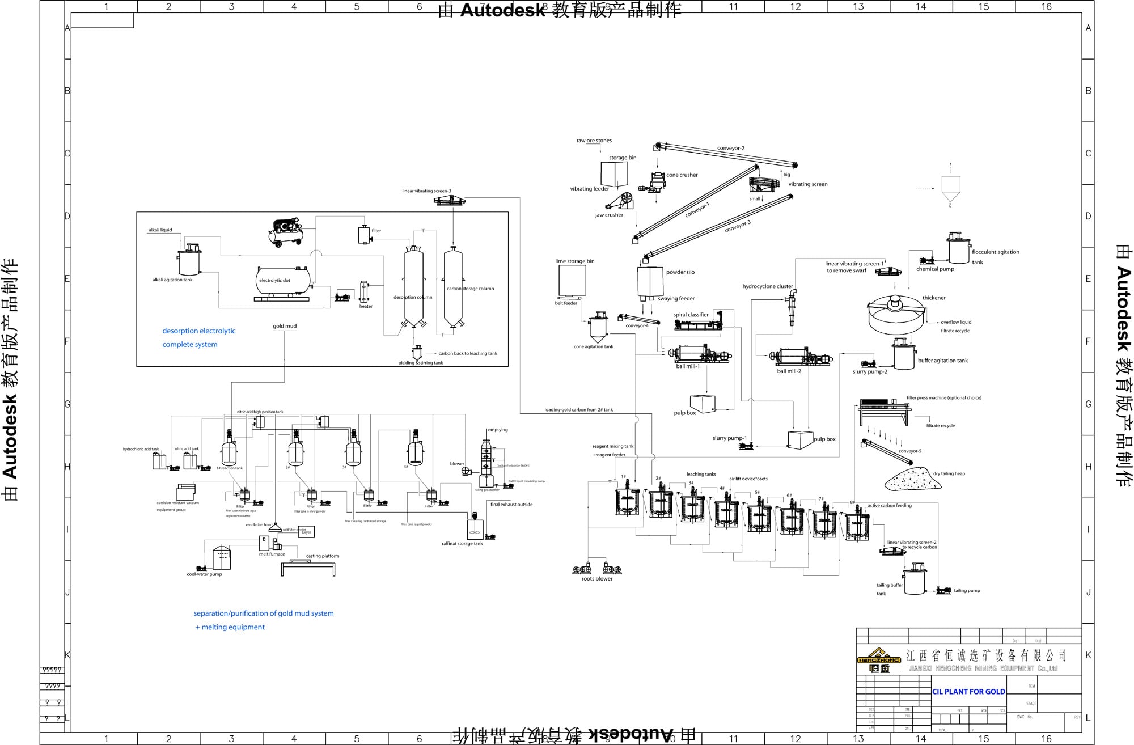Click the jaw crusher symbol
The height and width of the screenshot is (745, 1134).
pos(620,202)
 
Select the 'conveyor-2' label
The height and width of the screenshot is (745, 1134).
pos(730,149)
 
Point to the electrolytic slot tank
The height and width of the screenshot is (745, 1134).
pos(283,281)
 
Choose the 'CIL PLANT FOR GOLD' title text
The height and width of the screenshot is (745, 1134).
pos(968,692)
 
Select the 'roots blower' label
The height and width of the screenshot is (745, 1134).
pos(596,579)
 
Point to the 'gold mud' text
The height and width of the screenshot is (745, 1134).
pos(285,326)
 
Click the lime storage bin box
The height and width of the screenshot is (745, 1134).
pos(572,280)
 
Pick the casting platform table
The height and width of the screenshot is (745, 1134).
pos(308,566)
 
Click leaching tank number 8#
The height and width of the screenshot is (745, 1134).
pos(856,525)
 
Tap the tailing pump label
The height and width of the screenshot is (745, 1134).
pos(967,591)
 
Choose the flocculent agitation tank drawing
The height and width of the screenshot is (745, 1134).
pos(958,248)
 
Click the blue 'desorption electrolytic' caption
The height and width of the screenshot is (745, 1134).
pos(198,331)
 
